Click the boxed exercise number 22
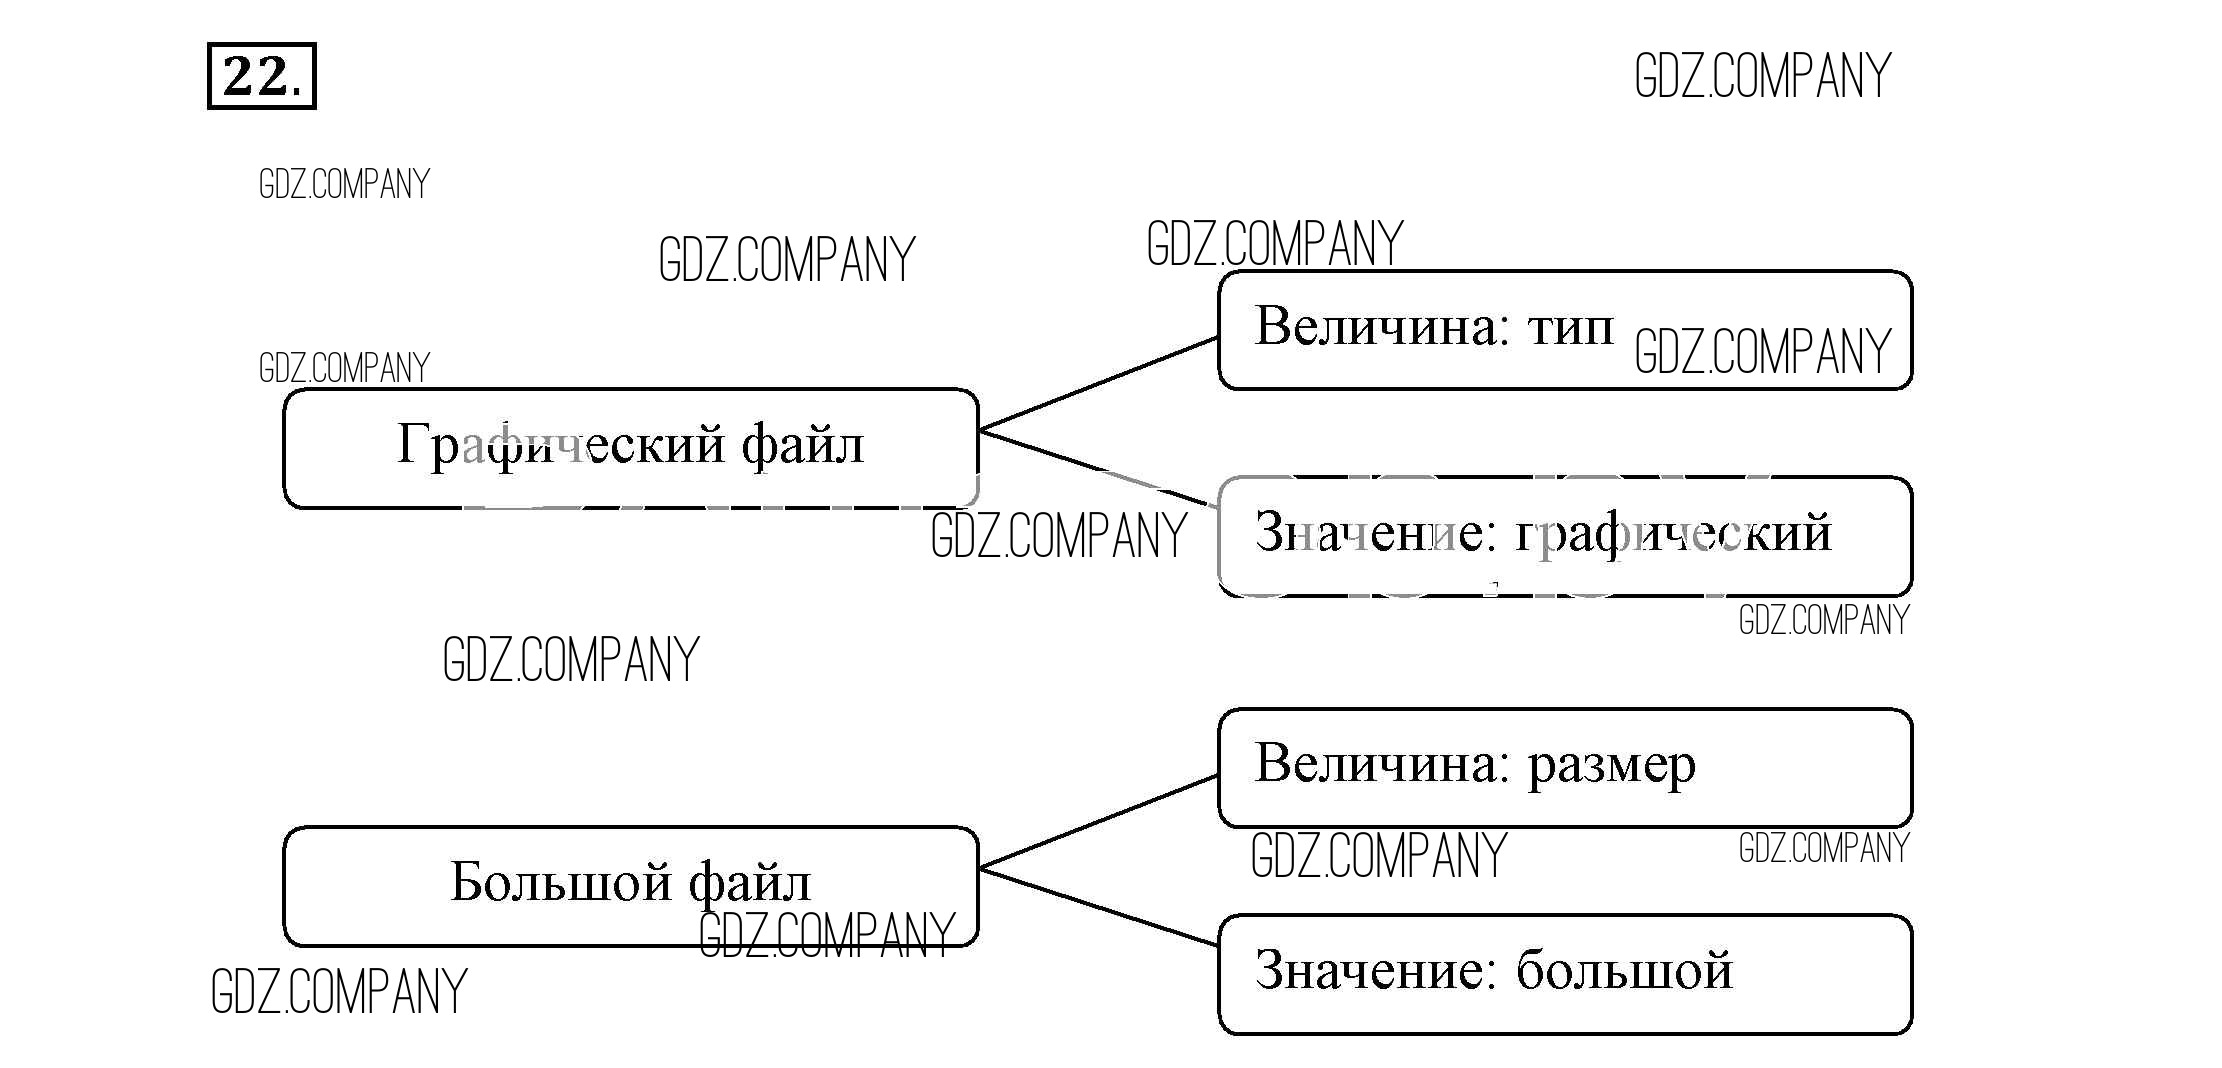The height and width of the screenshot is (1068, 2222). point(261,76)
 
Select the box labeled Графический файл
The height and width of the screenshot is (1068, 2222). point(630,448)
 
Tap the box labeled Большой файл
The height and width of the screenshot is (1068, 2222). point(630,886)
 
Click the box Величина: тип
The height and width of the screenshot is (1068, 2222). point(1564,330)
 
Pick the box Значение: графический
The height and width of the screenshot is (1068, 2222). point(1564,537)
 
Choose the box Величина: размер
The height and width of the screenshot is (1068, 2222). point(1564,768)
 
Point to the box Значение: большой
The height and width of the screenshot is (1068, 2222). point(1564,974)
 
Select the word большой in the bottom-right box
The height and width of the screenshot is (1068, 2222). point(1624,970)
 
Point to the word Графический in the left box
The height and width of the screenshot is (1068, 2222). point(560,445)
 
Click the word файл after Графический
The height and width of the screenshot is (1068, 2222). point(802,445)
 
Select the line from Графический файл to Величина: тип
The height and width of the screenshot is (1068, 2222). point(1098,384)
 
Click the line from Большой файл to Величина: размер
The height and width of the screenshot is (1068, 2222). point(1098,821)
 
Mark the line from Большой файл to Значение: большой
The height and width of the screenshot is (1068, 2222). point(1098,907)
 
